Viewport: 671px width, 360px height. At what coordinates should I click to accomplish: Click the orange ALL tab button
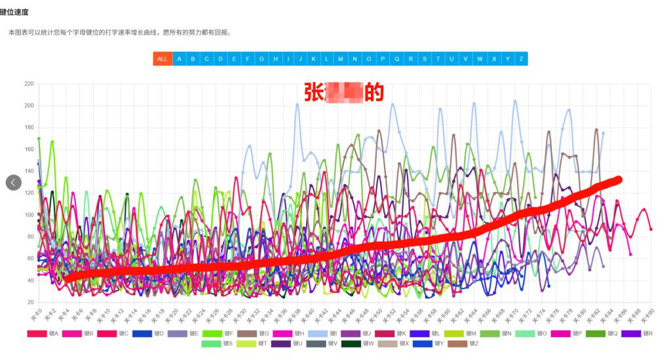tap(163, 59)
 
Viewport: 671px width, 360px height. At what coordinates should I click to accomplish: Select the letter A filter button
tap(179, 59)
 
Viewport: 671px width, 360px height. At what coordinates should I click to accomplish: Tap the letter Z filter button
tap(521, 59)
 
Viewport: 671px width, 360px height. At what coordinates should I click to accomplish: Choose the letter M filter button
tap(341, 59)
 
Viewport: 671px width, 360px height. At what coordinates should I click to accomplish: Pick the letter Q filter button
tap(396, 59)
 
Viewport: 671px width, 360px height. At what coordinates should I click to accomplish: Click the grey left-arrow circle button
tap(14, 182)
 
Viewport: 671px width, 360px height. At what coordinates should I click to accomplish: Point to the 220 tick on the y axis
tap(29, 84)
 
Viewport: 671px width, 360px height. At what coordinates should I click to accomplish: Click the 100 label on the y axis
tap(29, 215)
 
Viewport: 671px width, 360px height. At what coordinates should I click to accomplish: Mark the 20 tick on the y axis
tap(30, 302)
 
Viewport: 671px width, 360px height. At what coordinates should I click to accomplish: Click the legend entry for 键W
tap(361, 344)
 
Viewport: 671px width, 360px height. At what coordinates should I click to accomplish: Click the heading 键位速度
tap(14, 12)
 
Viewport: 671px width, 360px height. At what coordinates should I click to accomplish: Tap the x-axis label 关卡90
tap(647, 312)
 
